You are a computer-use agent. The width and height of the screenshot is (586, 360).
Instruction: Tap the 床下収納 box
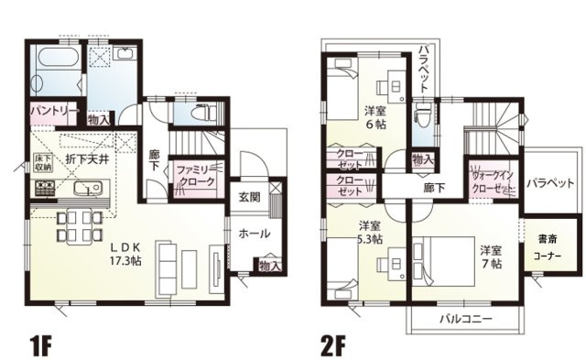(42, 164)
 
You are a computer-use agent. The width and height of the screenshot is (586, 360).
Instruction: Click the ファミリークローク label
(195, 175)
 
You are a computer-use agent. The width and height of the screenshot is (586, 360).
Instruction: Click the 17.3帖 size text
(126, 261)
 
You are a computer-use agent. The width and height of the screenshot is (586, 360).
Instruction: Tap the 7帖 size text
(492, 263)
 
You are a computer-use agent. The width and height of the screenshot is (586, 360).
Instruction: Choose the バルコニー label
(464, 320)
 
